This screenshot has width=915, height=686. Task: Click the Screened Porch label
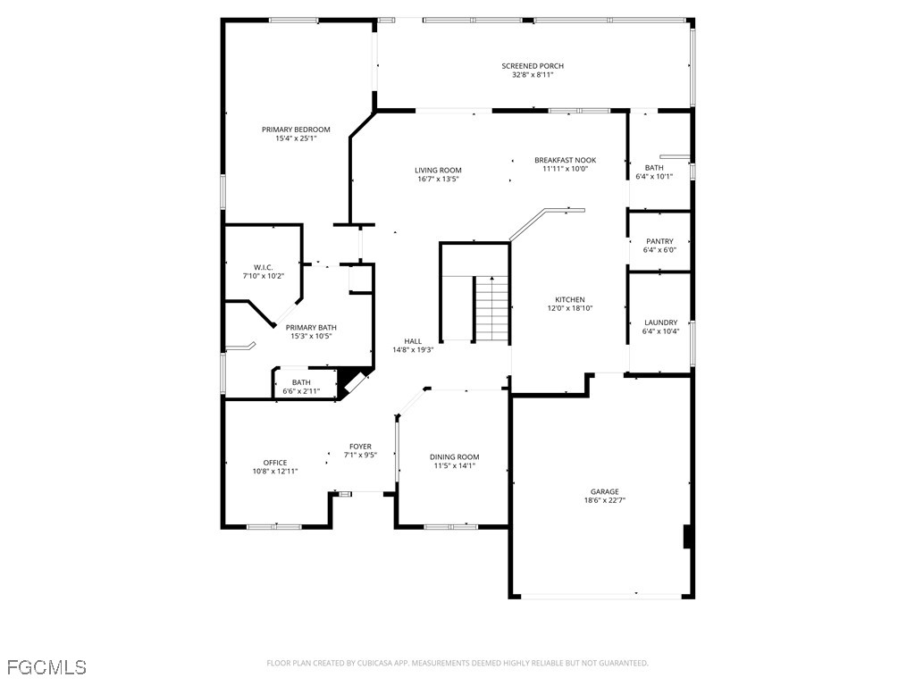(x=533, y=66)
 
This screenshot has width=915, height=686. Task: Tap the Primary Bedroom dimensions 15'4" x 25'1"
(x=296, y=138)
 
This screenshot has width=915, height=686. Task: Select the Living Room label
(x=438, y=171)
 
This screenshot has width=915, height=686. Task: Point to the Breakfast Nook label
(x=566, y=160)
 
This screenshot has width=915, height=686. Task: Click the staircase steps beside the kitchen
(x=491, y=308)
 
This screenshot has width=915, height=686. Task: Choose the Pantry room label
(x=660, y=241)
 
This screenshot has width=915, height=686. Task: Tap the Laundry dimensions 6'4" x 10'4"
(x=660, y=331)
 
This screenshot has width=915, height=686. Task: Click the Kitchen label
(x=570, y=299)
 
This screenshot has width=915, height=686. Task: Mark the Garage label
(x=605, y=491)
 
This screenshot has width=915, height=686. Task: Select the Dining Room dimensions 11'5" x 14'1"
(x=455, y=465)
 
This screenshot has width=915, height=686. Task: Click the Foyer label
(x=361, y=447)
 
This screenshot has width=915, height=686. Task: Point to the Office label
(x=275, y=463)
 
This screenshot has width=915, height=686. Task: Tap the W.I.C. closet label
(x=264, y=267)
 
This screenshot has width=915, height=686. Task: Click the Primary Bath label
(x=311, y=327)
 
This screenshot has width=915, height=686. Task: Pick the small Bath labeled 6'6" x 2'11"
(x=301, y=387)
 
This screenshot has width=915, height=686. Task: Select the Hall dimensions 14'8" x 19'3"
(x=413, y=350)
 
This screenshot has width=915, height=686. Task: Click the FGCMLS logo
(x=46, y=666)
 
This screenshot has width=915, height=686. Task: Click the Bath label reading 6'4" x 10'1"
(x=654, y=171)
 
